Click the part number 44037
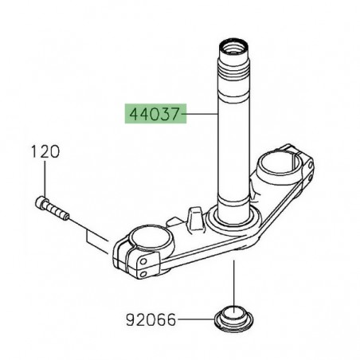[151, 114]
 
